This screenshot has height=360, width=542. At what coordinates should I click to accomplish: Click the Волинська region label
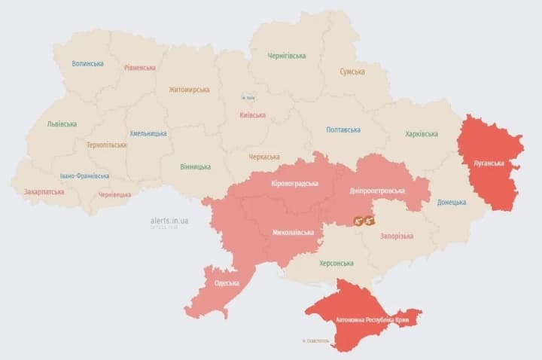point(87,63)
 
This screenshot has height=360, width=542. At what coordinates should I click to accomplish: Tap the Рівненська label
point(140,67)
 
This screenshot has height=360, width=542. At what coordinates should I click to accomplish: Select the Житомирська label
point(189,89)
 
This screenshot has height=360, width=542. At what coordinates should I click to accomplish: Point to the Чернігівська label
point(287,56)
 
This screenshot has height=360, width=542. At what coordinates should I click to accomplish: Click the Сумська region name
point(352,72)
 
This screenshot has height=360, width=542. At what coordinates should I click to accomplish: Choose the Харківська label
point(421,134)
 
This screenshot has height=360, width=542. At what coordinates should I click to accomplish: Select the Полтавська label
point(346,130)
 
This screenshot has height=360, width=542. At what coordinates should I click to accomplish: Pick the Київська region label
point(251,115)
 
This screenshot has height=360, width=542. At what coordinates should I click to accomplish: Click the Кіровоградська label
point(294,183)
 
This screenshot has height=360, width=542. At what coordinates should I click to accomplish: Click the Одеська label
point(226,282)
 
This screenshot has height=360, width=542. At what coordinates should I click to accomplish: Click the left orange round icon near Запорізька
point(360,221)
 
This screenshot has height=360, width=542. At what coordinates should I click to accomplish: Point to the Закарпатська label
point(44,191)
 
